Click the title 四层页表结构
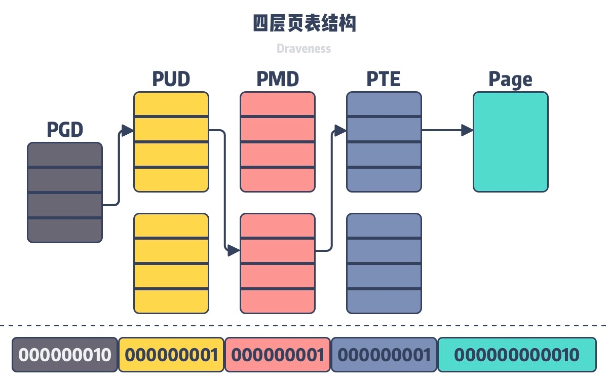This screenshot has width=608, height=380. pyautogui.click(x=304, y=24)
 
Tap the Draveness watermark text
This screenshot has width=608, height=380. pyautogui.click(x=304, y=49)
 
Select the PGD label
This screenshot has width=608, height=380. pyautogui.click(x=65, y=130)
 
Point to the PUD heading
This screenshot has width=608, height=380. pyautogui.click(x=171, y=79)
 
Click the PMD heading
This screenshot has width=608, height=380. pyautogui.click(x=278, y=79)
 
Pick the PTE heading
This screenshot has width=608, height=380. pyautogui.click(x=384, y=79)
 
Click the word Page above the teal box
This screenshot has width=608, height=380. pyautogui.click(x=510, y=80)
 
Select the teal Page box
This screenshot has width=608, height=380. pyautogui.click(x=511, y=142)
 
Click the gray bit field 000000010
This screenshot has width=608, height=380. pyautogui.click(x=65, y=355)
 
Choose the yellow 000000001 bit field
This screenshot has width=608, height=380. pyautogui.click(x=171, y=355)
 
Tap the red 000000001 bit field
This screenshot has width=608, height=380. pyautogui.click(x=278, y=355)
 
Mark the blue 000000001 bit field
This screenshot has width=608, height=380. pyautogui.click(x=384, y=355)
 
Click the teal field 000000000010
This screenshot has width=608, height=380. pyautogui.click(x=516, y=355)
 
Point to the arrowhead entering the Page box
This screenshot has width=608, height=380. pyautogui.click(x=467, y=130)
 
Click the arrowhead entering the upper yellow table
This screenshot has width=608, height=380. pyautogui.click(x=128, y=130)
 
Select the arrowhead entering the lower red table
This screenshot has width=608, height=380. pyautogui.click(x=234, y=250)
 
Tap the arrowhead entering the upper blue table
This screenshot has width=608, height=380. pyautogui.click(x=340, y=130)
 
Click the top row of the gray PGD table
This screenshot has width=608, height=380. pyautogui.click(x=65, y=155)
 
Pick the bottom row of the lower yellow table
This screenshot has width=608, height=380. pyautogui.click(x=171, y=301)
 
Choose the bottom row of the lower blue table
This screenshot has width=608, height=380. pyautogui.click(x=384, y=301)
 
